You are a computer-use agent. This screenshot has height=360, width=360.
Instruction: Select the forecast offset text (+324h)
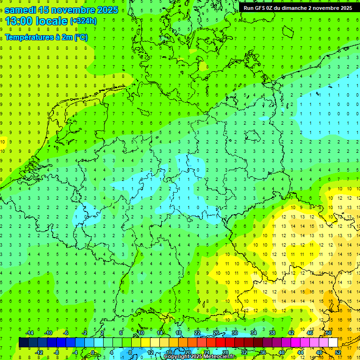83,21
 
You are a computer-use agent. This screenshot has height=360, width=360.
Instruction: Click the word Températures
27,37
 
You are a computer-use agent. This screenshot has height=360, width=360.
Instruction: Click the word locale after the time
53,21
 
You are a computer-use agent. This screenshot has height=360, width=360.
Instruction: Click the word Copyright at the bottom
177,357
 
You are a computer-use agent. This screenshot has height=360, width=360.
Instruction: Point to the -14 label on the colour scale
30,333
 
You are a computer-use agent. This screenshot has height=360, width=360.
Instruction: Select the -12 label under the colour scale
39,352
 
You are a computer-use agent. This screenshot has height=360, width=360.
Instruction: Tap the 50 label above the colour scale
329,333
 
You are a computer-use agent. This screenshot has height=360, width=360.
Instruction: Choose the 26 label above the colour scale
216,333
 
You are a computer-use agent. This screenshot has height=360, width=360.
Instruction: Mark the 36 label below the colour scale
263,352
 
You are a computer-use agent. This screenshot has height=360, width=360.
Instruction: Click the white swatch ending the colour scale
333,343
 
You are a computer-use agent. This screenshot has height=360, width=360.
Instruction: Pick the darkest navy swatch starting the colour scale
23,343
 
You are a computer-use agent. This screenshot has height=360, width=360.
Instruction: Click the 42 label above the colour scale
291,333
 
